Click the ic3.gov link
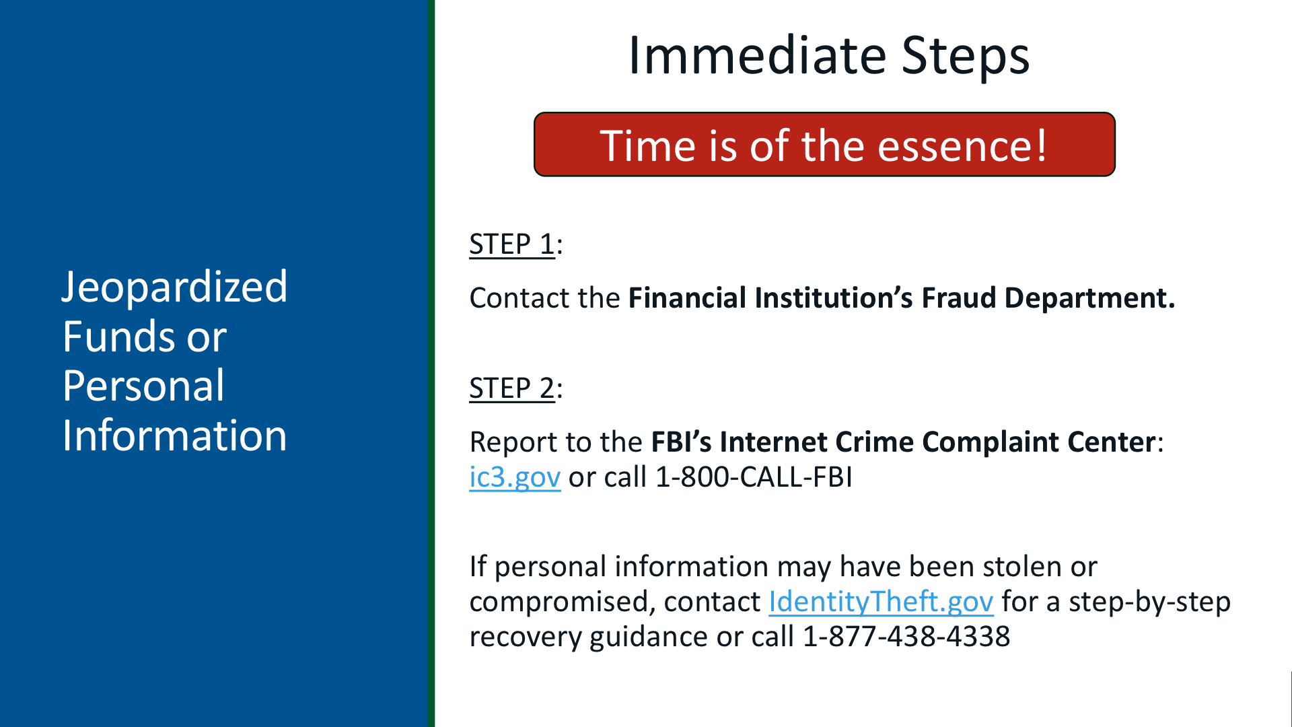point(515,477)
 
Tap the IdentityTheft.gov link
point(881,601)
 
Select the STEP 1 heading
point(512,244)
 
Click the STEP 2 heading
point(512,388)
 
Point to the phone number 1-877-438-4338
point(906,636)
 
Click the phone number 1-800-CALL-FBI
point(754,477)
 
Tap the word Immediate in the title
point(758,55)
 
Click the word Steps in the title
point(966,57)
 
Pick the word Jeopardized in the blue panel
point(175,288)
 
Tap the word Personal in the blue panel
point(143,386)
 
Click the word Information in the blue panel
point(175,435)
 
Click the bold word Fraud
point(958,298)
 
